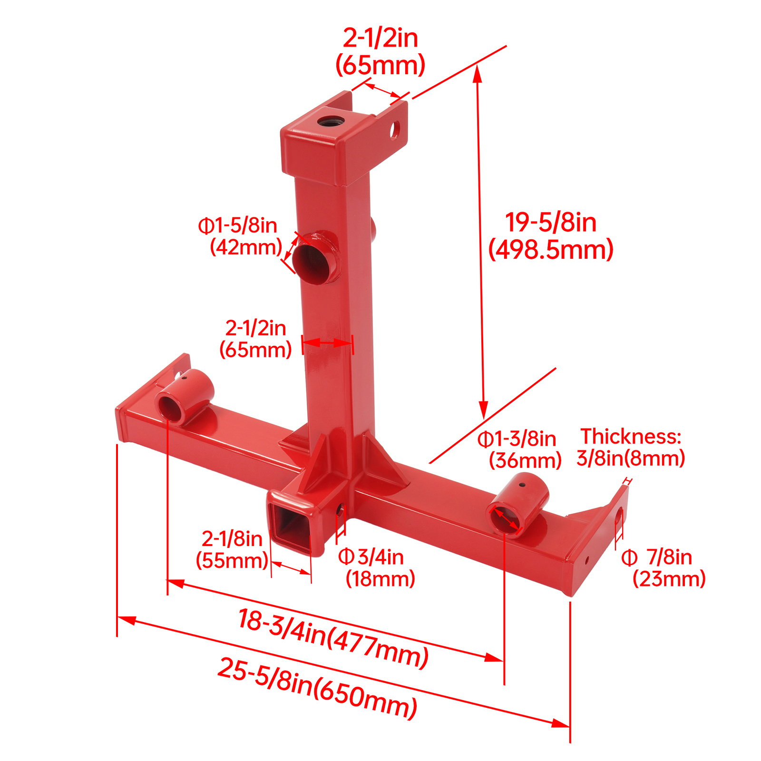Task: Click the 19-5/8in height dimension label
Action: click(550, 223)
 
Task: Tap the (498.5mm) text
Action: click(551, 250)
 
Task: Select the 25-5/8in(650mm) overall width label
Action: click(317, 688)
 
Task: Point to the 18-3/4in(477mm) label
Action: click(333, 639)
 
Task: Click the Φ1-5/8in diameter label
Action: click(237, 225)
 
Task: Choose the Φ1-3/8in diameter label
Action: click(517, 439)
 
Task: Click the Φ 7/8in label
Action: click(656, 557)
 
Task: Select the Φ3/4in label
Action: click(371, 556)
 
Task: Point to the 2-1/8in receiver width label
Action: click(232, 538)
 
